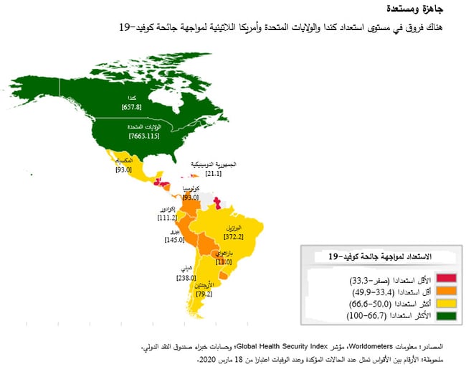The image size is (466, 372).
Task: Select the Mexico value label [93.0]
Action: (x=124, y=170)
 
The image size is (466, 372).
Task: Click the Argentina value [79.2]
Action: (x=204, y=293)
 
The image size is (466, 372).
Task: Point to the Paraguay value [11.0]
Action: (x=224, y=262)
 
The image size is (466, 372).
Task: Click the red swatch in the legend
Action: (x=446, y=279)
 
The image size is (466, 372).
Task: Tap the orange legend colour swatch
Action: (x=446, y=290)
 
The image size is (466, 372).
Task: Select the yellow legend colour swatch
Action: (x=446, y=302)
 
